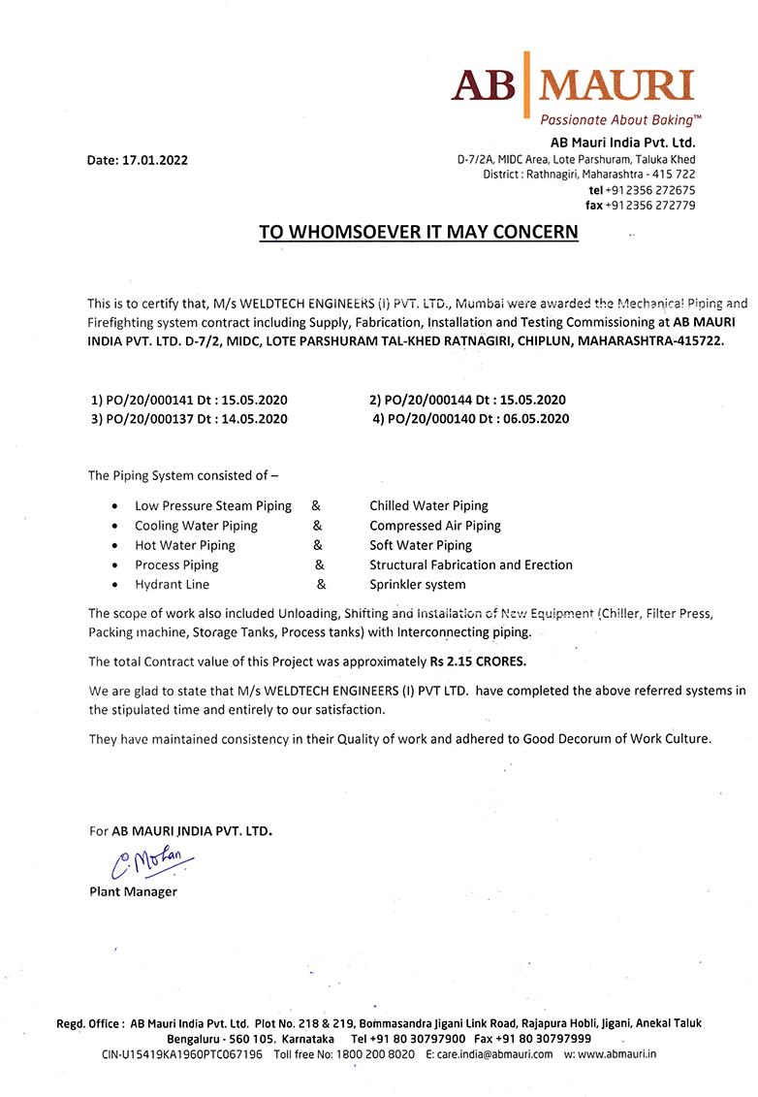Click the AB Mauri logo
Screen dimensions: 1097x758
[573, 85]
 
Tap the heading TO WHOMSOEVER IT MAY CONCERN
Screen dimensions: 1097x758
[418, 233]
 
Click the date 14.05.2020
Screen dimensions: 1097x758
[253, 419]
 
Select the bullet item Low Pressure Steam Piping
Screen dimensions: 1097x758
[213, 505]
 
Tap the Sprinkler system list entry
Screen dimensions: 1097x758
[417, 585]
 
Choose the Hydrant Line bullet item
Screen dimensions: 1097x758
[172, 585]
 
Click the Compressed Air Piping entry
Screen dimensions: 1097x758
[435, 526]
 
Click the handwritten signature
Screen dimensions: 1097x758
[151, 859]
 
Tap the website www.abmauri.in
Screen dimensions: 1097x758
[616, 1054]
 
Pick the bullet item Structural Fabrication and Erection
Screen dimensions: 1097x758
[471, 565]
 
